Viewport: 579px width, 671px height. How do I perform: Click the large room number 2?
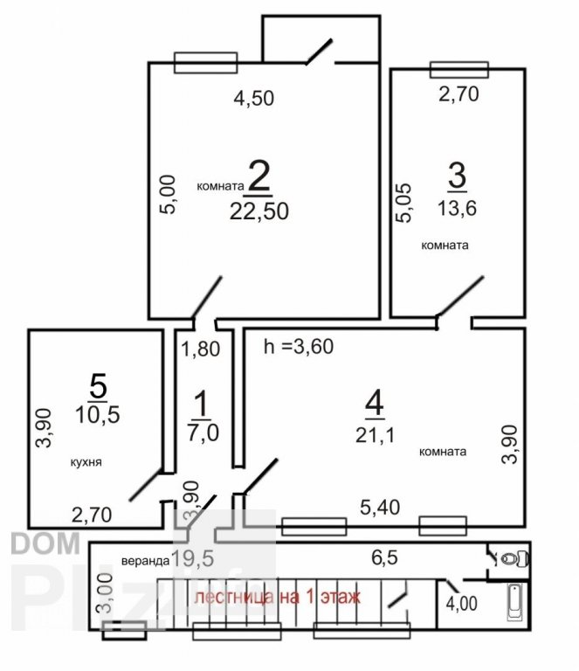(259, 175)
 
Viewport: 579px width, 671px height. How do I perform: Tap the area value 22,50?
(259, 211)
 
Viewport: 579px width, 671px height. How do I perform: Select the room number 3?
(457, 175)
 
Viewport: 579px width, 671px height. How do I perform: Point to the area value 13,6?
(457, 209)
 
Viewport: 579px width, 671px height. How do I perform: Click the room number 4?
(375, 404)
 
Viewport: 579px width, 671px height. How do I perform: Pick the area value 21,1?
(375, 436)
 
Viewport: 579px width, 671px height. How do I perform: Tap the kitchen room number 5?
(98, 386)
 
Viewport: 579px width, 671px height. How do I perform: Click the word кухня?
(86, 462)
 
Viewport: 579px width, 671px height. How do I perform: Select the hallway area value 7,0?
(203, 432)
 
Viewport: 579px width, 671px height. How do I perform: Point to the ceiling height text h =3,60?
(299, 346)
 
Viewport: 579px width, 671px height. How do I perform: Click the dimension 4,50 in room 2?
(254, 98)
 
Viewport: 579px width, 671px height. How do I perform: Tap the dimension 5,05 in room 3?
(403, 203)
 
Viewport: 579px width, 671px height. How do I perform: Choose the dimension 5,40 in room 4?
(380, 508)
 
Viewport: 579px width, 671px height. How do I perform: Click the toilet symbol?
(514, 559)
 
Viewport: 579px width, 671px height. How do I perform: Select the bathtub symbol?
(514, 603)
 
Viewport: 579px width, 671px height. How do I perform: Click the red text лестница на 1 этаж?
(277, 596)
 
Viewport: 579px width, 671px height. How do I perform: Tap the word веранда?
(145, 561)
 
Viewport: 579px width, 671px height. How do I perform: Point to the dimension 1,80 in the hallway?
(201, 349)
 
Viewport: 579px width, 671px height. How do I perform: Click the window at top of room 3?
(459, 70)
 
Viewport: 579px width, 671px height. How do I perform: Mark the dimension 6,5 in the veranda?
(384, 557)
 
